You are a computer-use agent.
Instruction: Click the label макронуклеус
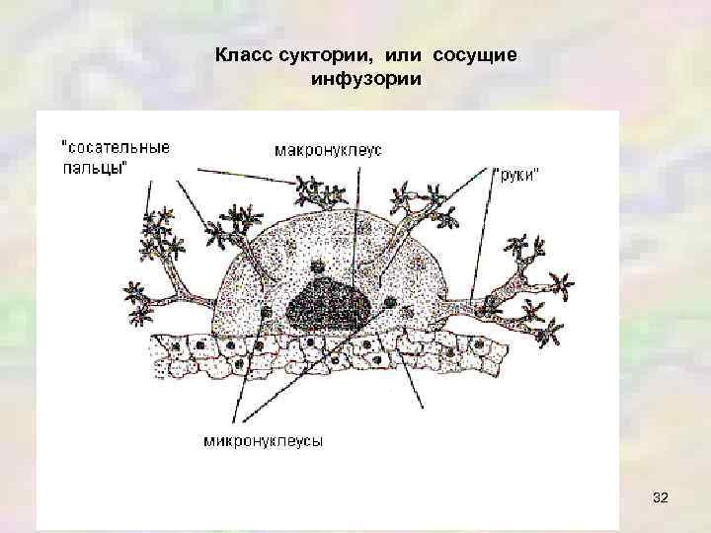(x=328, y=151)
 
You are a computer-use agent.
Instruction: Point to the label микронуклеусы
(x=264, y=440)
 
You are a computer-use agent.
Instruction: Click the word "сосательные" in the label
(x=116, y=145)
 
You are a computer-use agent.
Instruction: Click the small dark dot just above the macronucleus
(x=318, y=266)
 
